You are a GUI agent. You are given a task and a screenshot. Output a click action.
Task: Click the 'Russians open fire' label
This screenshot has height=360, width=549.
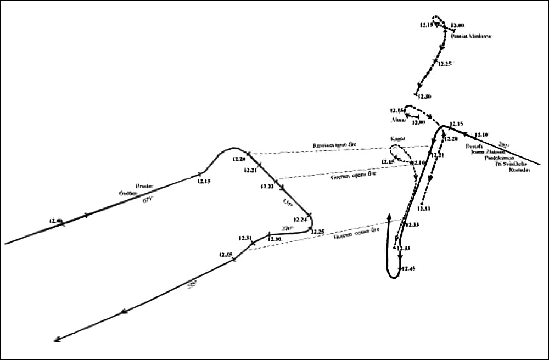click(334, 145)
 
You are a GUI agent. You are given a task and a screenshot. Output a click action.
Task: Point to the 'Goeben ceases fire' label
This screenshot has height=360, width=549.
click(356, 234)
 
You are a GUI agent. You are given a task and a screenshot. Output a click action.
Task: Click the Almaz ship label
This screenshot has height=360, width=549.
click(397, 120)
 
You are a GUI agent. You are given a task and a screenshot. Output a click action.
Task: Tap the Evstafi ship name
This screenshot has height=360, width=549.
click(474, 147)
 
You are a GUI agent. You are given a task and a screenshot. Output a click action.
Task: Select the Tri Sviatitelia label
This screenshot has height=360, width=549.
click(509, 164)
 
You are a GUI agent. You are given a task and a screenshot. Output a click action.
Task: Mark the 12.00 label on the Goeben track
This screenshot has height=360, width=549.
click(56, 221)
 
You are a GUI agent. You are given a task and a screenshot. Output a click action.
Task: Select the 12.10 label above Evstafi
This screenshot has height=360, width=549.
click(481, 134)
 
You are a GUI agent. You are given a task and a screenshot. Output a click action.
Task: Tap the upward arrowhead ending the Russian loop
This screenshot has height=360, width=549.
click(389, 217)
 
